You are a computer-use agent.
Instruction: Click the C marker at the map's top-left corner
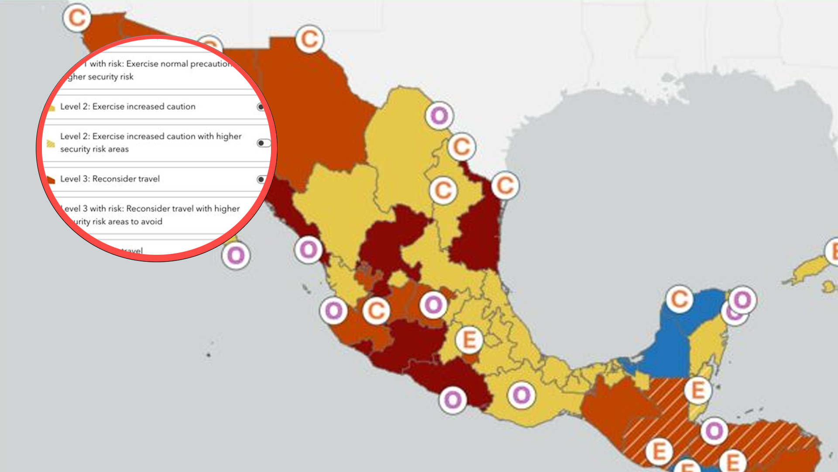77,18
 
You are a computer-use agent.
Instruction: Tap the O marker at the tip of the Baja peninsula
236,256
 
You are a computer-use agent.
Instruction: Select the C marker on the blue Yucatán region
680,299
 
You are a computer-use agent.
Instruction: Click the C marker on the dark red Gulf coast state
505,186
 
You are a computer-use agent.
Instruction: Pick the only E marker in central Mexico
469,340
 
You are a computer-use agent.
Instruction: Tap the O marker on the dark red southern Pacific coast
453,399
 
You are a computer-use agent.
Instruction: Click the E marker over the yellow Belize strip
698,390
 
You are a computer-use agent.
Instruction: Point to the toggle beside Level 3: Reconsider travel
261,179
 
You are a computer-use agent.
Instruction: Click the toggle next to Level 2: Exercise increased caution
261,107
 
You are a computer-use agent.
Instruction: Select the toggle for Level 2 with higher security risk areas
264,143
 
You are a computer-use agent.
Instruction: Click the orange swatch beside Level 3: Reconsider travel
51,179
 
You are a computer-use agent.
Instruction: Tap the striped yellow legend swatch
51,143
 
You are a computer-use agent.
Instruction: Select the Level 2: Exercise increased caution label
127,107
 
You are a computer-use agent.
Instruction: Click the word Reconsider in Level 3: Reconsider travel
115,179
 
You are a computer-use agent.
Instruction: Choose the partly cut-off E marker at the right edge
833,252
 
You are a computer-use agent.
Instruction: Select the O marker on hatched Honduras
714,431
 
